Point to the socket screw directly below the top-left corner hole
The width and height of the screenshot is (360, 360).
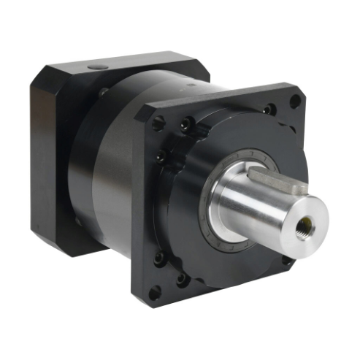click(x=160, y=155)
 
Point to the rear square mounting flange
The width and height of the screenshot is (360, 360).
click(x=51, y=146)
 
